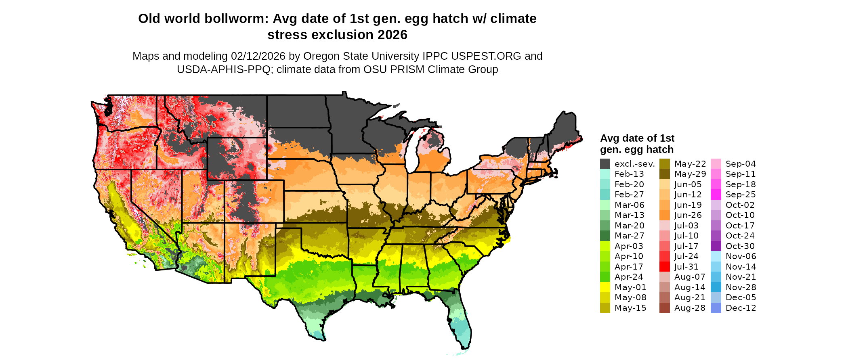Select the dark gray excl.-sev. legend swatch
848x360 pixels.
[605, 164]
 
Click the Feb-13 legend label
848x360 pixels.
[629, 174]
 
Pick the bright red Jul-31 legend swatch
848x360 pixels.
[664, 267]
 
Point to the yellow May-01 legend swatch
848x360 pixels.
[605, 287]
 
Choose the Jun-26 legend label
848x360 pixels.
[688, 215]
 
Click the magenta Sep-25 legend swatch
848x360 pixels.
[716, 195]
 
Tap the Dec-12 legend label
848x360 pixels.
[741, 308]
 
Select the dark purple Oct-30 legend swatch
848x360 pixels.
[716, 246]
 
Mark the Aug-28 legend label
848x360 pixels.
[690, 308]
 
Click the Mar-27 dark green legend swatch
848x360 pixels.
[605, 236]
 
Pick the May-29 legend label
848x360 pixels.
[690, 174]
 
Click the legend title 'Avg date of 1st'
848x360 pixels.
[637, 138]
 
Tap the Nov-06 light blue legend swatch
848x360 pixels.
[716, 256]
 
